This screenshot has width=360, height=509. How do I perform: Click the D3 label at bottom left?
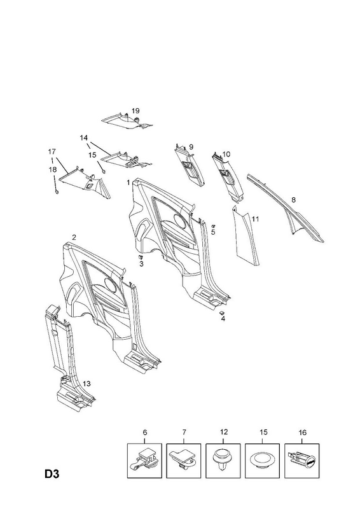[x=52, y=474]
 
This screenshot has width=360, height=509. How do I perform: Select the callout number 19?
[x=135, y=111]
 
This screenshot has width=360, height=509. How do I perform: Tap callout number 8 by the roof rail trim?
[x=293, y=200]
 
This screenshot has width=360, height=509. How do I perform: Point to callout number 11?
[x=255, y=219]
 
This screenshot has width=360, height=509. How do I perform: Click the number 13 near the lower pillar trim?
[x=87, y=384]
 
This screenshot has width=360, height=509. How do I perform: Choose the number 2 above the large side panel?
[x=74, y=237]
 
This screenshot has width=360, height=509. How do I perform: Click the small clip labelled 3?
[x=141, y=257]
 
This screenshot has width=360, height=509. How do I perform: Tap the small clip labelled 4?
[x=222, y=312]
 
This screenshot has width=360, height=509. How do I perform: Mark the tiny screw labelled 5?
[x=213, y=226]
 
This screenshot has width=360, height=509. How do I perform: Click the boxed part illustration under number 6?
[x=144, y=461]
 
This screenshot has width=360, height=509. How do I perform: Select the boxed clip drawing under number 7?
[x=184, y=461]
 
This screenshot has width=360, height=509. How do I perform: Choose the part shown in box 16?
[x=302, y=461]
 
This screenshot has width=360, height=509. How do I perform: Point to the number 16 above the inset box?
[x=302, y=433]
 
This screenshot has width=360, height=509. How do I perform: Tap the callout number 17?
[x=52, y=151]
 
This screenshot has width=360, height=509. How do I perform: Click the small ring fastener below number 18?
[x=57, y=192]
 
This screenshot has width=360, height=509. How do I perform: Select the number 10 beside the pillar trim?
[x=226, y=154]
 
